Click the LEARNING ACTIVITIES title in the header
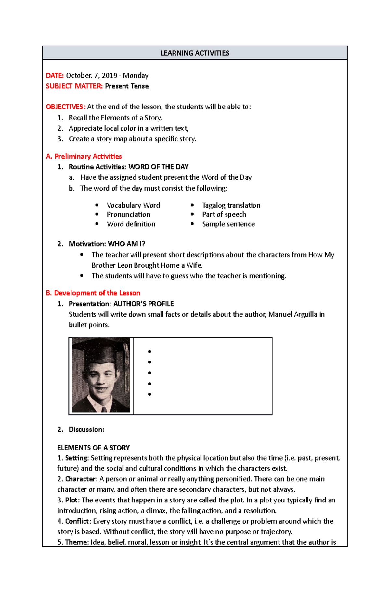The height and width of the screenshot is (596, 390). coord(195,53)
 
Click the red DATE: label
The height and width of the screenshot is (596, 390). coord(55,76)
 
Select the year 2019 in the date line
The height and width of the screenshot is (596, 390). coord(109,76)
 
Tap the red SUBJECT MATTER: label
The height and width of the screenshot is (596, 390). coord(74,86)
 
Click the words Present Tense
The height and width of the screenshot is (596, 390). coord(127,86)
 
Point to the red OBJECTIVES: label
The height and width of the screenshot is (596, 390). coord(65,107)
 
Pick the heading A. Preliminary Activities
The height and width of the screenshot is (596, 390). coord(84,156)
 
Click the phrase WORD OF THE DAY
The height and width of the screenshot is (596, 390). coord(158,167)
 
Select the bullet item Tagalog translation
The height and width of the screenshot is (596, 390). coord(231,205)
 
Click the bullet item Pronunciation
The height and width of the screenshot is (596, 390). coord(128,215)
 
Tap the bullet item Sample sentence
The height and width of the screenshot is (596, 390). coord(228,224)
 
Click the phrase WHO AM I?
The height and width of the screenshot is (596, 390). coord(126,244)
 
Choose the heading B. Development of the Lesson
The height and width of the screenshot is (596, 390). coord(93,293)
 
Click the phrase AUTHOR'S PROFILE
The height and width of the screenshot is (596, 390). coord(143,304)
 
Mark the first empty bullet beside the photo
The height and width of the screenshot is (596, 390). coord(149,352)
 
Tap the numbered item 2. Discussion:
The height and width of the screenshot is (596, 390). coord(81,430)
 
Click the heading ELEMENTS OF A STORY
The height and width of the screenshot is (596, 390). coord(93,448)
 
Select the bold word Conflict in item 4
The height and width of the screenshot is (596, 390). coord(77,521)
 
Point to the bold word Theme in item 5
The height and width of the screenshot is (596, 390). coord(76,542)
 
